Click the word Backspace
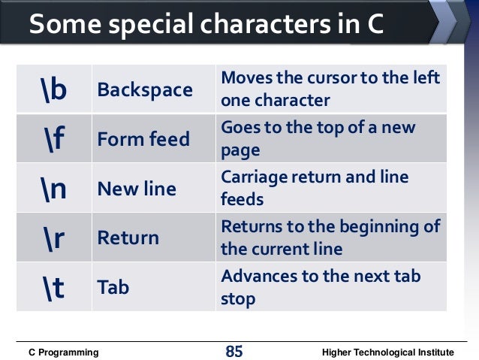pos(145,90)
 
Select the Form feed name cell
pos(143,140)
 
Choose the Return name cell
pos(128,238)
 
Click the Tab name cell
pos(113,287)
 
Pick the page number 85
pos(234,351)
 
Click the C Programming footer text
pos(63,352)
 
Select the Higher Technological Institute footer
pos(387,352)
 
